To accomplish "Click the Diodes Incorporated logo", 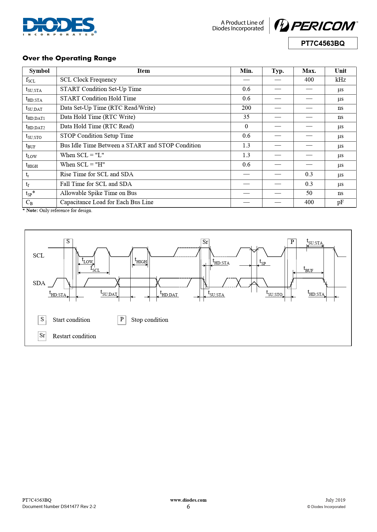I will (60, 26).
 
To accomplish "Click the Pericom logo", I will (316, 25).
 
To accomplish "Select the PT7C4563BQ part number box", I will (323, 43).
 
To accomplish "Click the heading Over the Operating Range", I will (69, 58).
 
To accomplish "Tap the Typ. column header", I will (278, 71).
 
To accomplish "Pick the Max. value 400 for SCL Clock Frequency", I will (309, 80).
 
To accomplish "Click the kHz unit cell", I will (340, 80).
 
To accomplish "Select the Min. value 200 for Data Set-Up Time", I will (246, 108).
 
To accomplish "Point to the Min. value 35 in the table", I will (246, 117).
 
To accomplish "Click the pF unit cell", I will (340, 202).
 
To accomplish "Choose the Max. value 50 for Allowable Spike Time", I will (309, 193).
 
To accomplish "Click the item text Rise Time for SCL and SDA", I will (97, 174).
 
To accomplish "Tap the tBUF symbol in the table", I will (31, 146).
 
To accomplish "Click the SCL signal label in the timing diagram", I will (39, 256).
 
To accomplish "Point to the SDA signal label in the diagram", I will (39, 283).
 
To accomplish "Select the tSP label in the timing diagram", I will (262, 262).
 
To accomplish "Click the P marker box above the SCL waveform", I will (292, 242).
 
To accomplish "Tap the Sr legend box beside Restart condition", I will (42, 336).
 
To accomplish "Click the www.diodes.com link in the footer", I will (188, 500).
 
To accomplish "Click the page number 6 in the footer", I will (188, 507).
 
